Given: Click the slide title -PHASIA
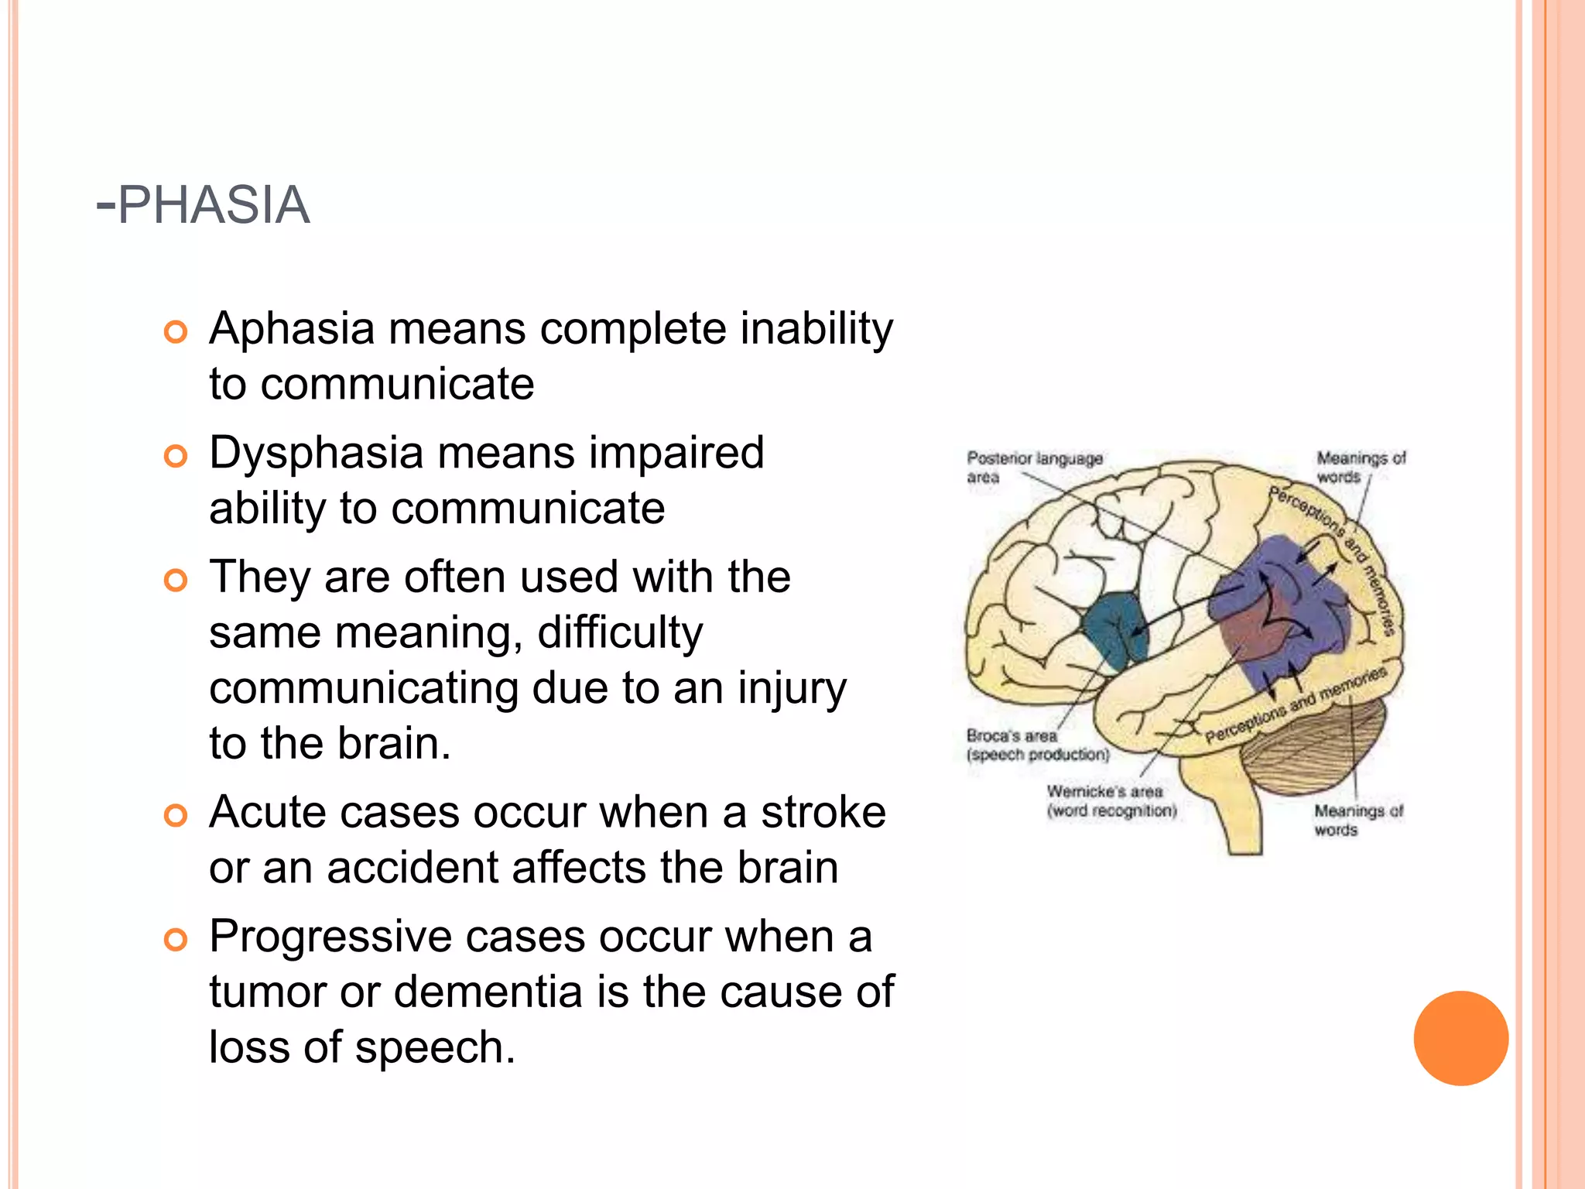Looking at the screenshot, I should tap(203, 205).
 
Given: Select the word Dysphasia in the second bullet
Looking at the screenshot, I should tap(316, 453).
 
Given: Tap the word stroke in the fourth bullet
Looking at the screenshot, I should tap(823, 813).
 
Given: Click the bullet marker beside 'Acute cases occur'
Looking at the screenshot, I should tap(176, 815).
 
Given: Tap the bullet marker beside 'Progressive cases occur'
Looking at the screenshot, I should tap(176, 940).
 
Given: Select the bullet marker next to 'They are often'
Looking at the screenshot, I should tap(176, 580).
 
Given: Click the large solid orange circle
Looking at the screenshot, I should tap(1460, 1038).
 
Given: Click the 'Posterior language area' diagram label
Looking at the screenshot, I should tap(1033, 468).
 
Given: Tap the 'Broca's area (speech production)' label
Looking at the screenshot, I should tap(1037, 745).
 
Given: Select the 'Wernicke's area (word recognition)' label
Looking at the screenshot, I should tap(1111, 801).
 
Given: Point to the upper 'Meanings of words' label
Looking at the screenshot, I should tap(1360, 468).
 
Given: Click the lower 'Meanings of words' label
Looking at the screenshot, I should tap(1357, 821).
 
